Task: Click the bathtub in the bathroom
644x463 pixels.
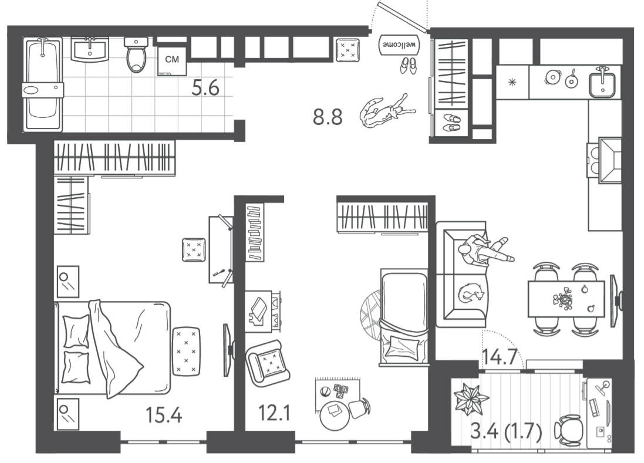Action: pos(43,85)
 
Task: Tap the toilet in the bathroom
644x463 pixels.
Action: pos(136,55)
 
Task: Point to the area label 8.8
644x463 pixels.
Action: pos(328,117)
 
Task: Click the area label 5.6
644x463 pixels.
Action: pos(206,88)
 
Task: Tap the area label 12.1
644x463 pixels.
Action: pos(274,413)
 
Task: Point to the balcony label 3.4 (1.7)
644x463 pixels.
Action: pos(506,431)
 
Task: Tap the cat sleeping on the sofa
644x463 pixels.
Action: pos(471,293)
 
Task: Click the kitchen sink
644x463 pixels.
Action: pos(602,83)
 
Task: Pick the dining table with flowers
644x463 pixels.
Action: pos(566,299)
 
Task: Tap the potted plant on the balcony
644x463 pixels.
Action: pos(471,398)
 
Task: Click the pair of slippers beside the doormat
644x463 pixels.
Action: pos(408,66)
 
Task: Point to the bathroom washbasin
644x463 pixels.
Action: pos(90,50)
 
